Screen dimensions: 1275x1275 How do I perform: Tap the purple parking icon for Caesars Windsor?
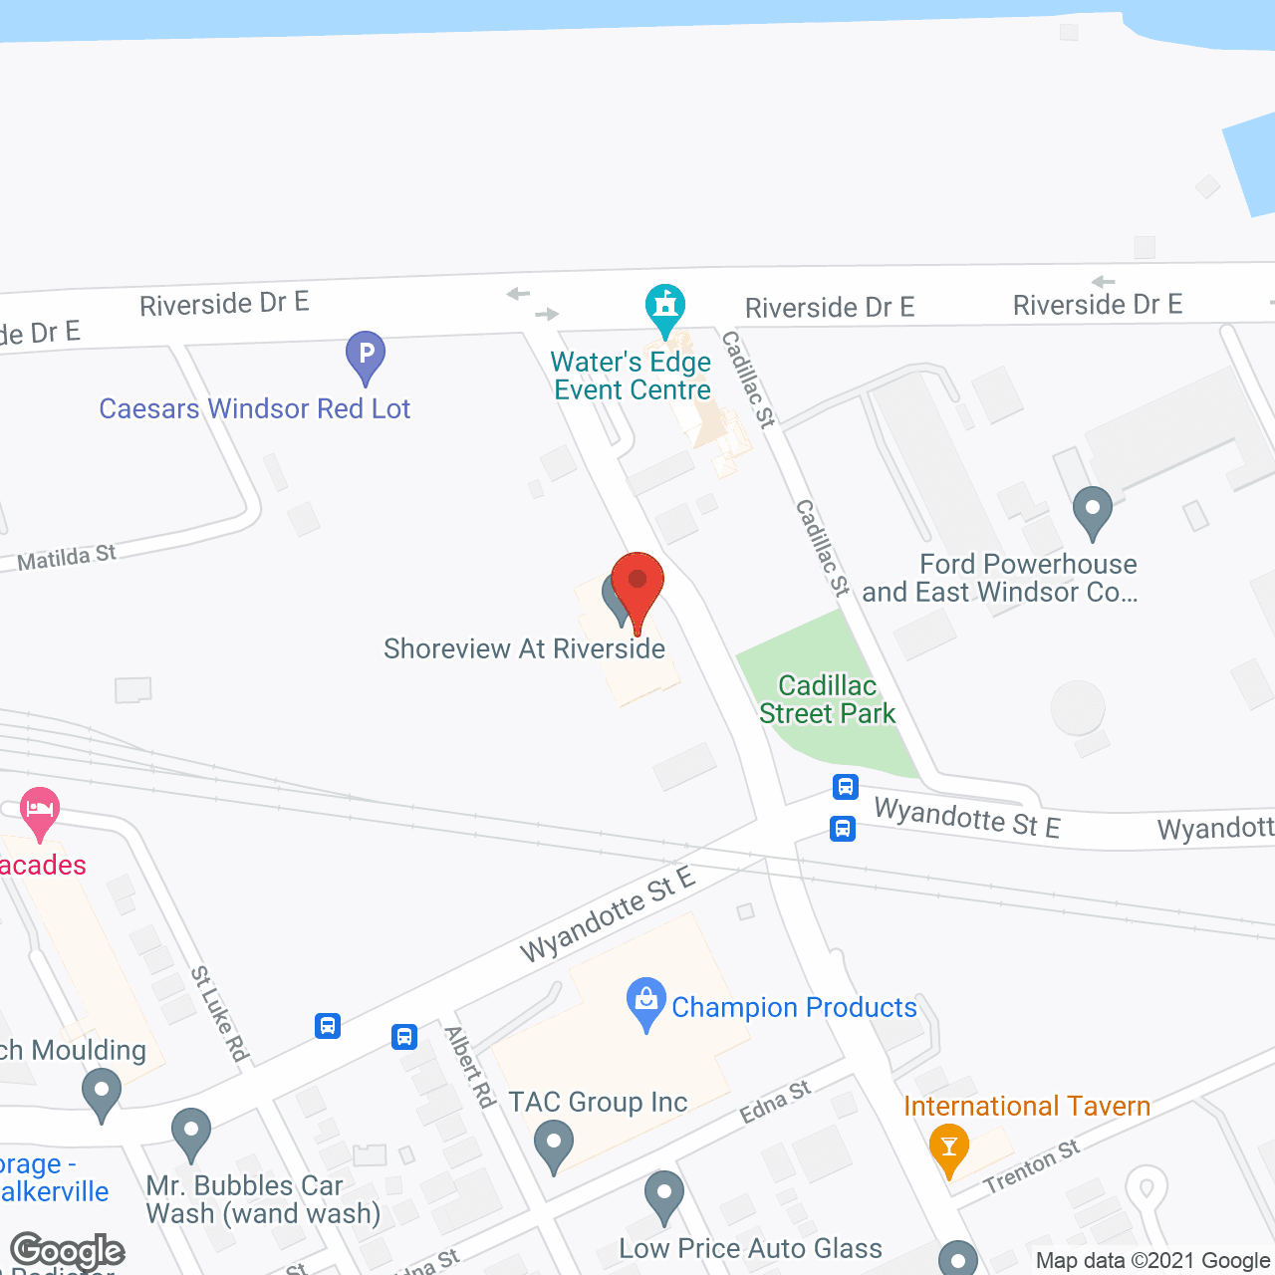click(x=366, y=355)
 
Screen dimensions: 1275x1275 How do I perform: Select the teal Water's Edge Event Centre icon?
click(x=664, y=308)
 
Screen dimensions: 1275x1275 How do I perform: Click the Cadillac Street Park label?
click(x=827, y=699)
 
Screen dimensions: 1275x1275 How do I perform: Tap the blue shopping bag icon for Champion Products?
click(x=646, y=1001)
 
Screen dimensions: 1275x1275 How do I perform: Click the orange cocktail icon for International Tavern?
click(x=948, y=1147)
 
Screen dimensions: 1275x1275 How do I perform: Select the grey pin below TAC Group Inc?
click(x=553, y=1144)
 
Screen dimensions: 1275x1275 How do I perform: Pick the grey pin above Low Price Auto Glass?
click(x=663, y=1194)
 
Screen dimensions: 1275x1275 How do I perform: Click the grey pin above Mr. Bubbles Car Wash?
click(x=190, y=1133)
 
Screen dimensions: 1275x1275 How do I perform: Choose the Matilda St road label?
click(x=67, y=558)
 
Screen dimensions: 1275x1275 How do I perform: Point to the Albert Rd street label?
click(x=470, y=1067)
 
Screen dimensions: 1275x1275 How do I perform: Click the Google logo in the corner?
click(x=67, y=1251)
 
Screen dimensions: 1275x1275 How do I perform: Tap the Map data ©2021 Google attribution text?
click(x=1152, y=1261)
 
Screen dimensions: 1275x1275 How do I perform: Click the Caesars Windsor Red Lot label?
click(x=255, y=408)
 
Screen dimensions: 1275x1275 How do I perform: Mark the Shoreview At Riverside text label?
click(x=524, y=649)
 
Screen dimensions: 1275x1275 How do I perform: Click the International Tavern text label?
click(x=1027, y=1106)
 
